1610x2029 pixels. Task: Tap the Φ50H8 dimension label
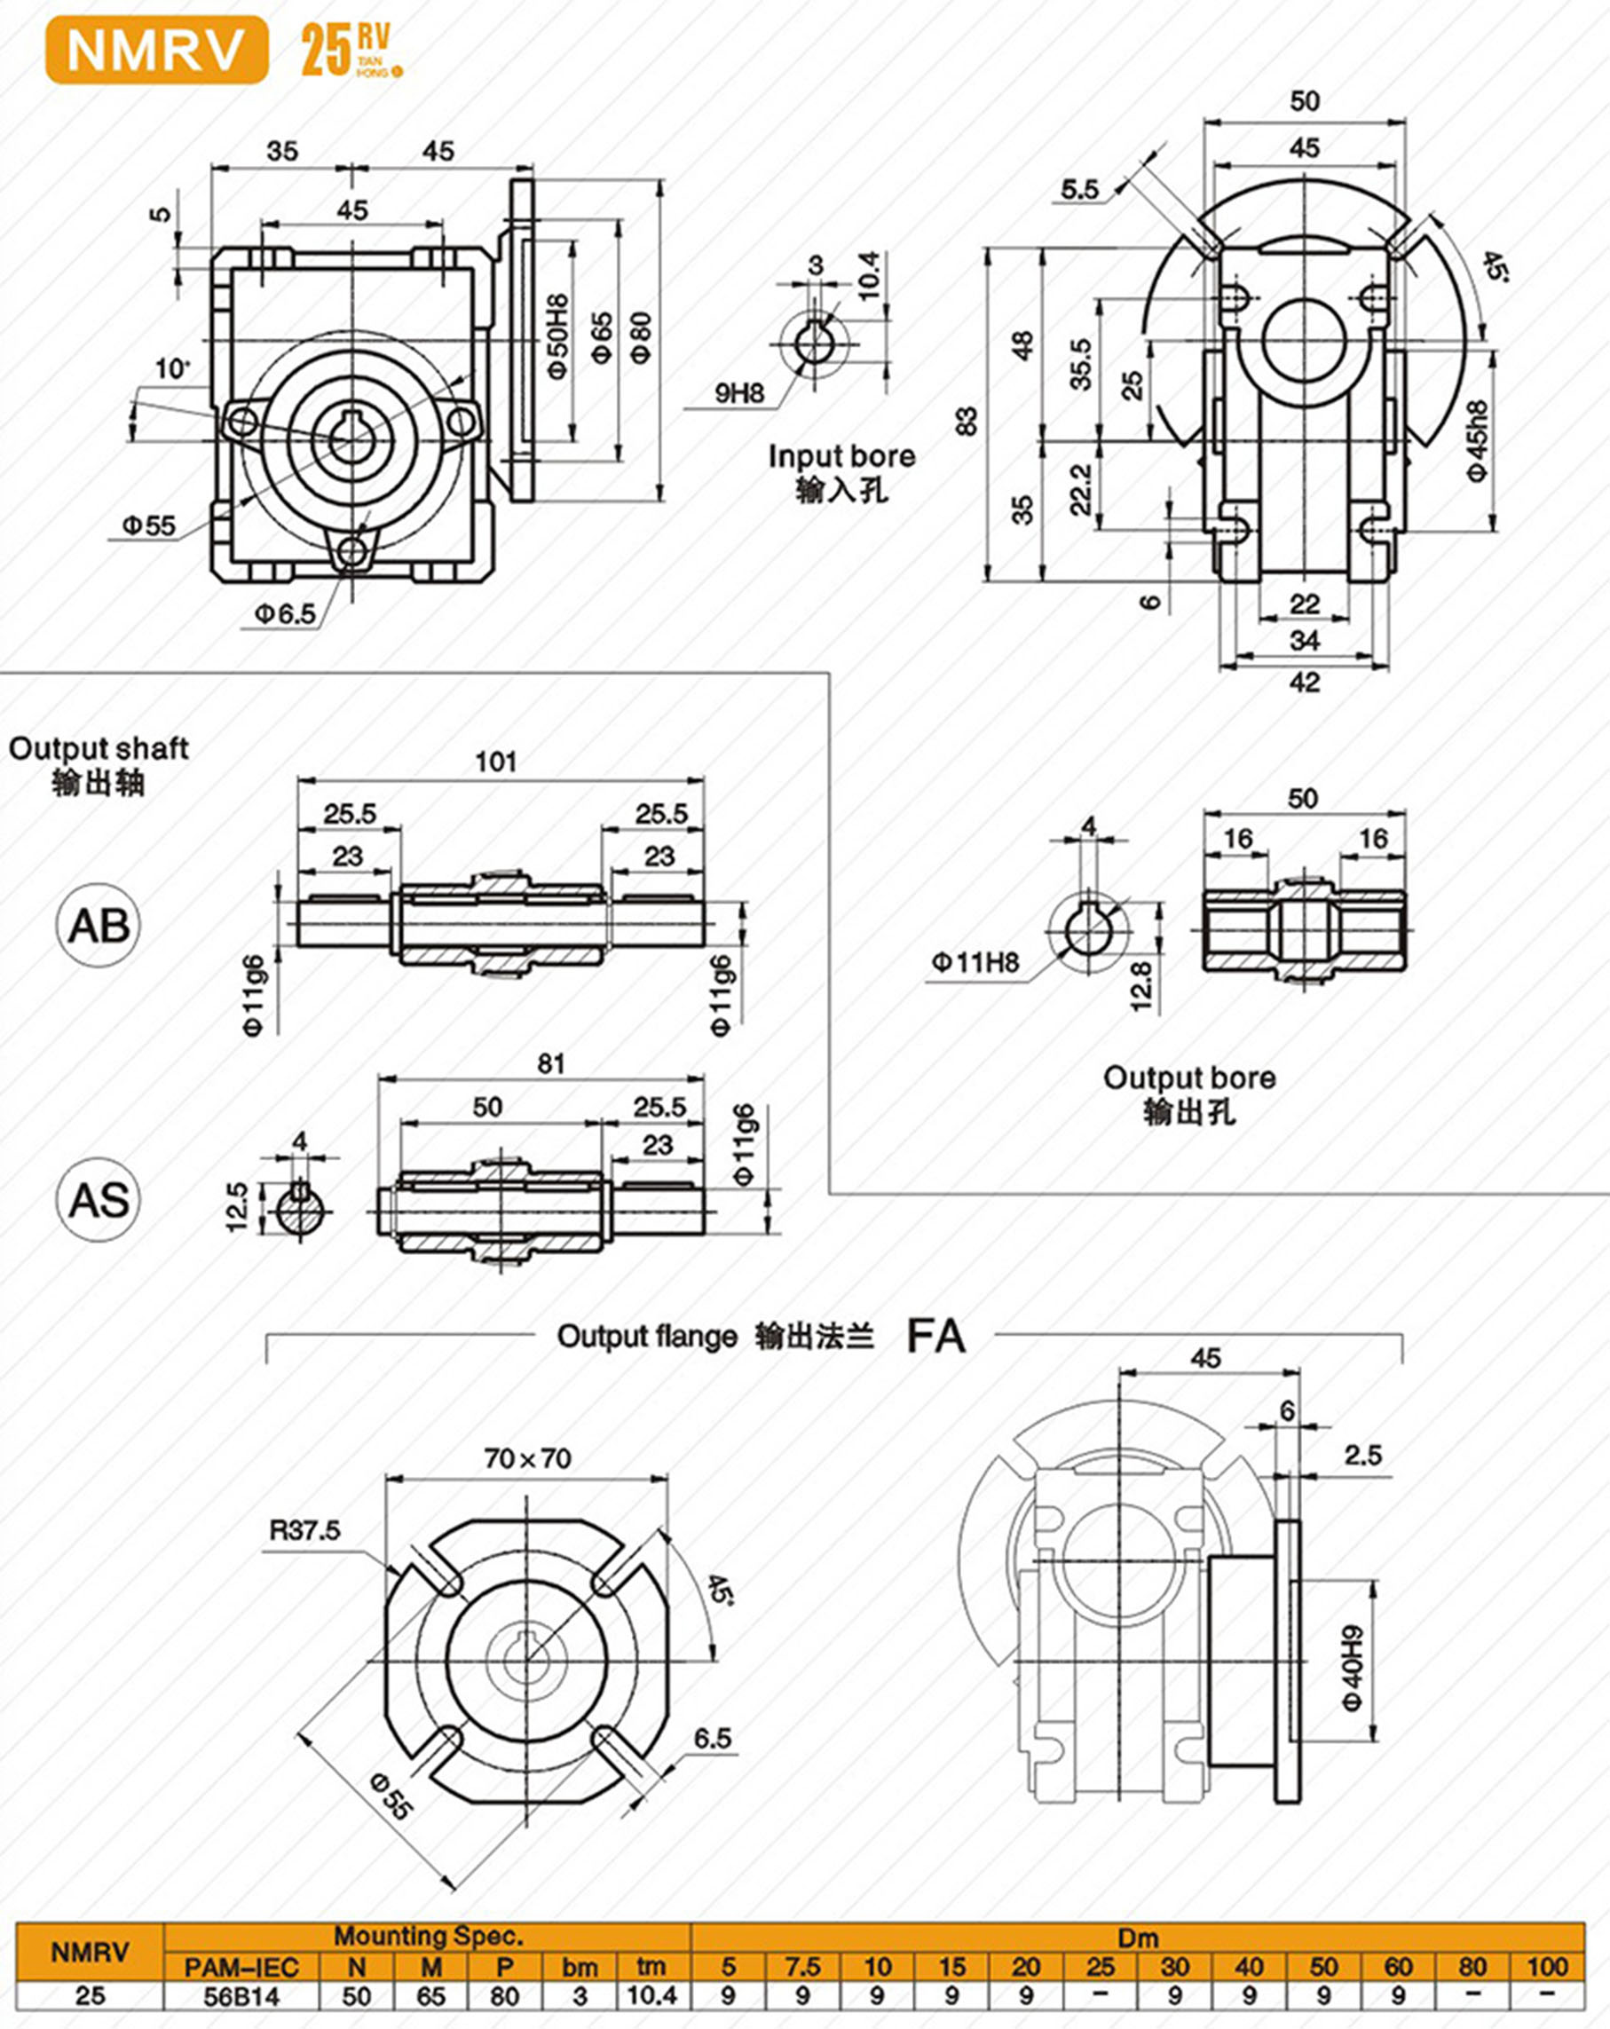click(557, 337)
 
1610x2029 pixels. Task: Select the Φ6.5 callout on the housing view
click(285, 614)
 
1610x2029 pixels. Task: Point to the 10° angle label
click(172, 368)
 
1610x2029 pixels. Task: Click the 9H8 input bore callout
click(739, 393)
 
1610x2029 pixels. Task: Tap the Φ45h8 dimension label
click(1478, 442)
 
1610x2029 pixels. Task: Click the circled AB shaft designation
click(98, 926)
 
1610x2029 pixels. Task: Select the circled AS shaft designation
click(98, 1201)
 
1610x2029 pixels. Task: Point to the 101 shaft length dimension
click(496, 762)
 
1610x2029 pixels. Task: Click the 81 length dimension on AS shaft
click(550, 1063)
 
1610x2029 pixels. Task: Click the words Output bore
click(1189, 1078)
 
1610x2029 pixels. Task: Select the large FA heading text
click(935, 1337)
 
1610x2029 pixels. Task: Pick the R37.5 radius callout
click(304, 1530)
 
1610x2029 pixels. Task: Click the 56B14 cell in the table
click(241, 1996)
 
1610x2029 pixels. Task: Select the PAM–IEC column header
click(241, 1967)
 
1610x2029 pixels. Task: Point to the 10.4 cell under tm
click(651, 1996)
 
